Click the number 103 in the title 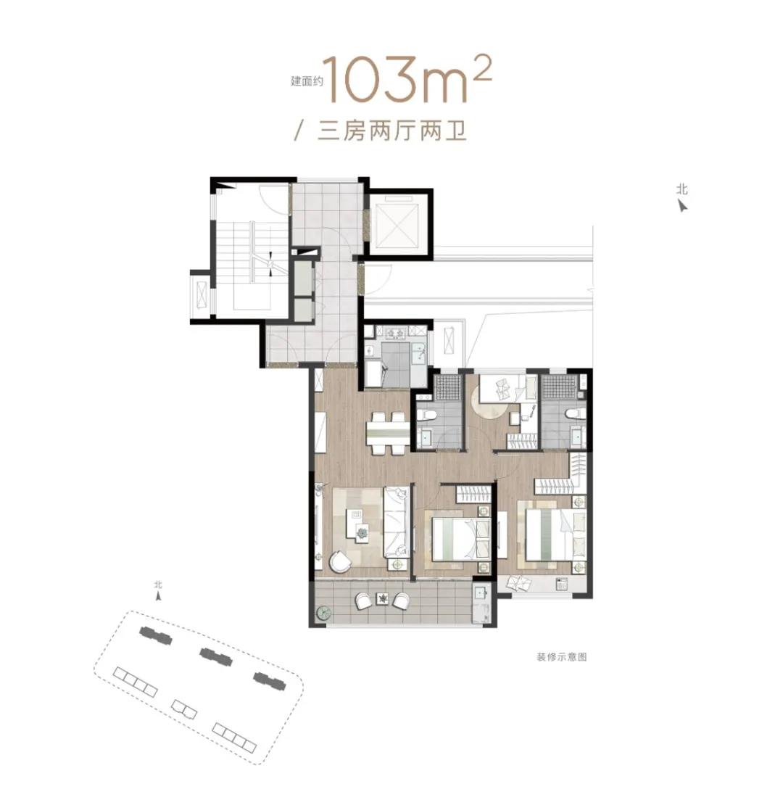(x=370, y=81)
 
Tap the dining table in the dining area (x=388, y=433)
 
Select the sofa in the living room (x=396, y=521)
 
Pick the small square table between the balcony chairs (x=383, y=598)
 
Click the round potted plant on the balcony (x=324, y=613)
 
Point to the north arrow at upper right (x=682, y=205)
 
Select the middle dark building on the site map (x=215, y=656)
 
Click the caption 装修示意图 (x=561, y=656)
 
